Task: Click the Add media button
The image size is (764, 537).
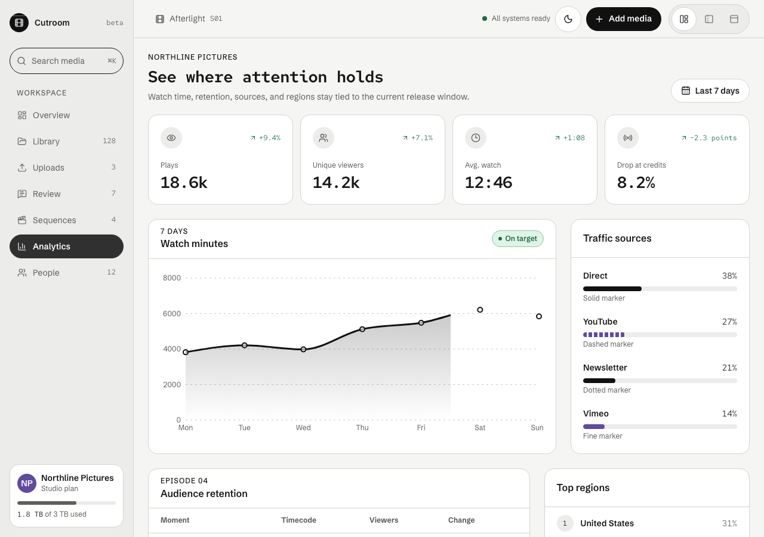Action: pos(624,19)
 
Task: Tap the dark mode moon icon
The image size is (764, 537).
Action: pos(568,19)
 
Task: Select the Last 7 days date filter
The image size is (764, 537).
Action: pos(710,91)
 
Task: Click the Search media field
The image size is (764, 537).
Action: pos(66,61)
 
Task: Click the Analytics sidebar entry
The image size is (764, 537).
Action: pos(66,246)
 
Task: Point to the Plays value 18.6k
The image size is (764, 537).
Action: pos(184,183)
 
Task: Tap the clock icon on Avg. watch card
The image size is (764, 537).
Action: pos(476,138)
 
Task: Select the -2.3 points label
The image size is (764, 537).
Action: pos(713,138)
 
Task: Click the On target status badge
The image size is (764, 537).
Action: pos(517,239)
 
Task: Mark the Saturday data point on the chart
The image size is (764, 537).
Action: pos(480,310)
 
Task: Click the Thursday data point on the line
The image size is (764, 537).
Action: pos(362,329)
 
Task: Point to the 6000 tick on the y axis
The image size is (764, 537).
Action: pos(172,314)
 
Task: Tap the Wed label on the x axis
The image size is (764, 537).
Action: pos(303,428)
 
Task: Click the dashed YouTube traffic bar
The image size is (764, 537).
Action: pos(603,335)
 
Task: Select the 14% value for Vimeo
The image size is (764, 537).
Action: pos(729,413)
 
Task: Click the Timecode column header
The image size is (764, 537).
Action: pos(299,520)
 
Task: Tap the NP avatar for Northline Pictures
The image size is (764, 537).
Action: pos(27,483)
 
